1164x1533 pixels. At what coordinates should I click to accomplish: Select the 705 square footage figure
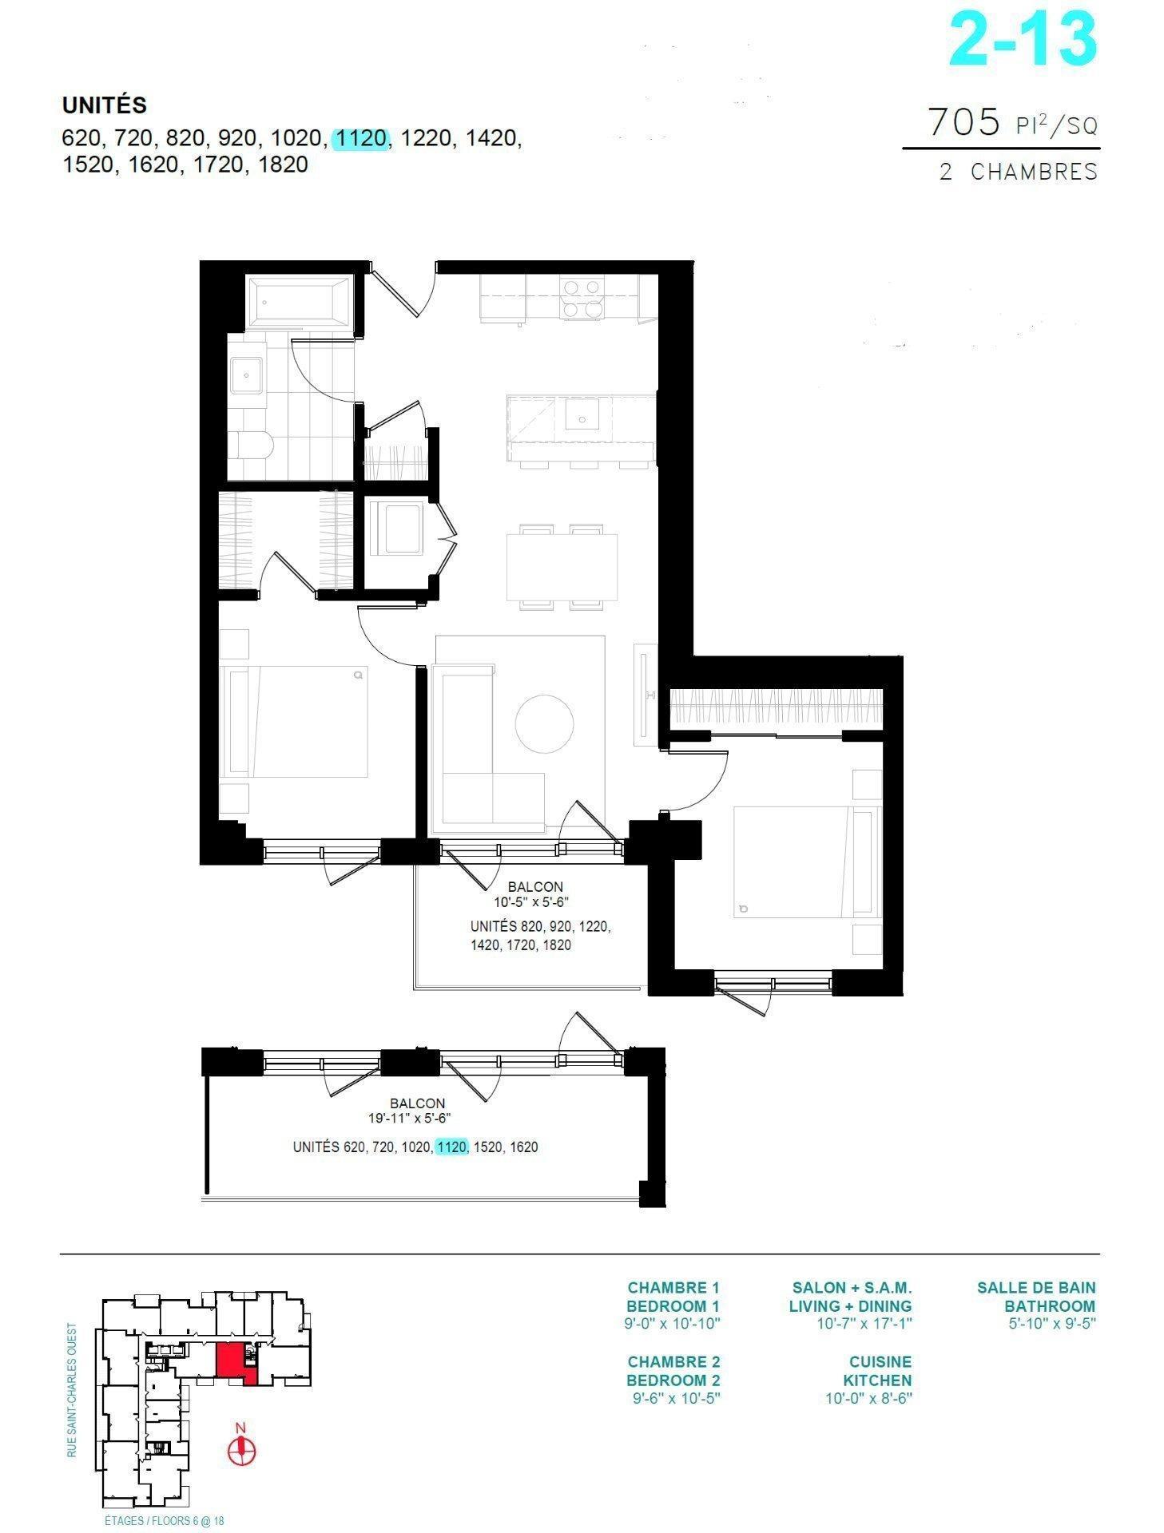(963, 122)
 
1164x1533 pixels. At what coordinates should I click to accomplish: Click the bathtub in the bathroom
(299, 301)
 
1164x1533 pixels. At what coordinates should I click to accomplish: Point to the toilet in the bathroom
(253, 444)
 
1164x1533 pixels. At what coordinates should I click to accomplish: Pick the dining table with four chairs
(562, 567)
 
